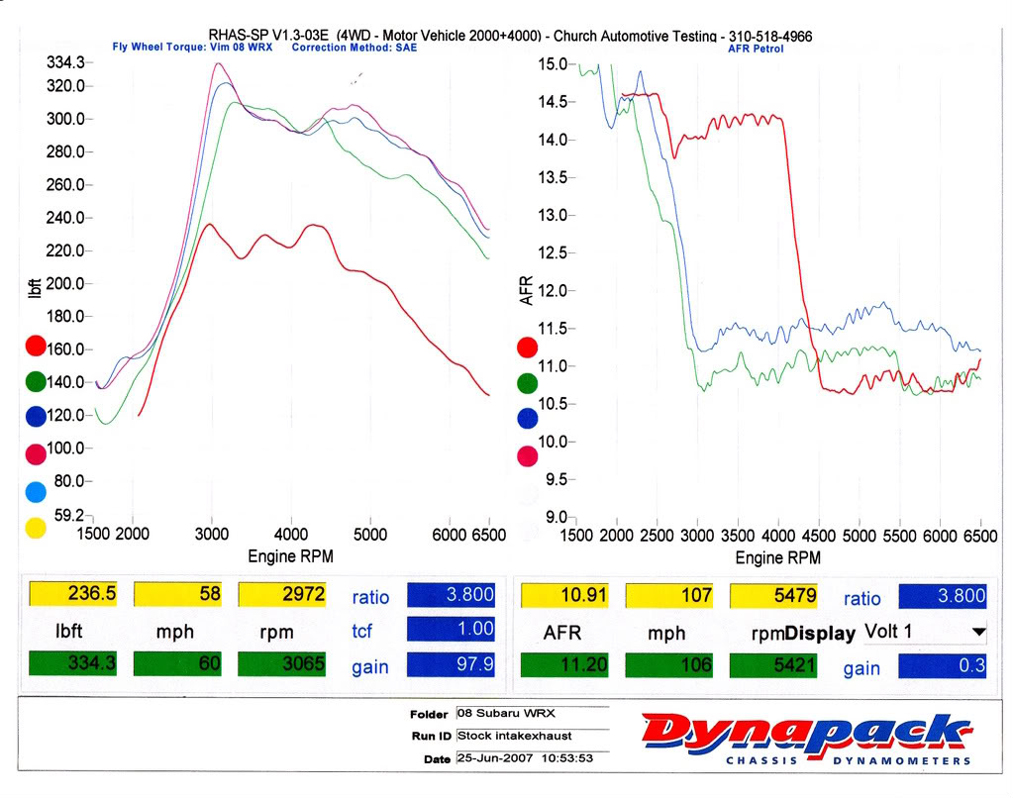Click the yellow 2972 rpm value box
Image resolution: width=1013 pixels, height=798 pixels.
282,593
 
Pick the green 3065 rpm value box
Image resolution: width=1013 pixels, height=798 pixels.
282,662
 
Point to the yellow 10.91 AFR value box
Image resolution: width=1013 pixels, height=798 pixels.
565,594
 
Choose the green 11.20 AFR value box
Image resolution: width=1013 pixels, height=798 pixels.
565,664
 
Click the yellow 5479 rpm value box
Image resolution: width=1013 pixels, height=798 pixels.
774,594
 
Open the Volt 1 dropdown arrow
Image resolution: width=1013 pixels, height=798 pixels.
979,632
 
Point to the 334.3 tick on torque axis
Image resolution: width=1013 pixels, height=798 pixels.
65,62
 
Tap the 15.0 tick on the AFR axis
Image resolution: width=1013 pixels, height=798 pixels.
555,64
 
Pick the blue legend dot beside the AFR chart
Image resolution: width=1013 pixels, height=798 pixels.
528,419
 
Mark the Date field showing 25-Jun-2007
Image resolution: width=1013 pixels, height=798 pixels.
530,757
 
